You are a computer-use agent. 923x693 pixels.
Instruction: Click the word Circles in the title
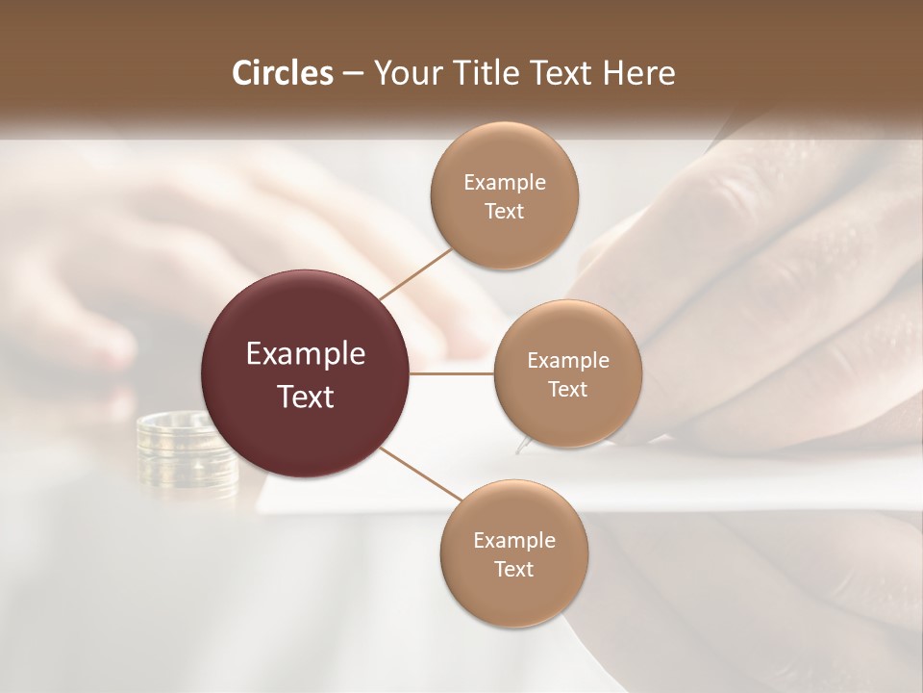pos(282,73)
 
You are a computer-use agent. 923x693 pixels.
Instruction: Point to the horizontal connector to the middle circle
pos(452,373)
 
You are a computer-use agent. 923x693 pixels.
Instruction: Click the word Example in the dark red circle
pos(306,354)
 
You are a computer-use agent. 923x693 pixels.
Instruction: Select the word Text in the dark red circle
pos(306,397)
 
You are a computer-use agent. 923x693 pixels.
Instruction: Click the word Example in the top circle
pos(504,183)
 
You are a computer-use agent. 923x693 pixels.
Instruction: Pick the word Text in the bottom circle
pos(513,569)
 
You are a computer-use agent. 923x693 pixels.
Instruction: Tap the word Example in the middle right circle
pos(567,361)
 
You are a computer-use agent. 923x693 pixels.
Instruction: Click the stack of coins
pos(185,452)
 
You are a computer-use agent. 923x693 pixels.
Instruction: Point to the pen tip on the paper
pos(522,446)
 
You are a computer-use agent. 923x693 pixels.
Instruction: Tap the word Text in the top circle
pos(504,211)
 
